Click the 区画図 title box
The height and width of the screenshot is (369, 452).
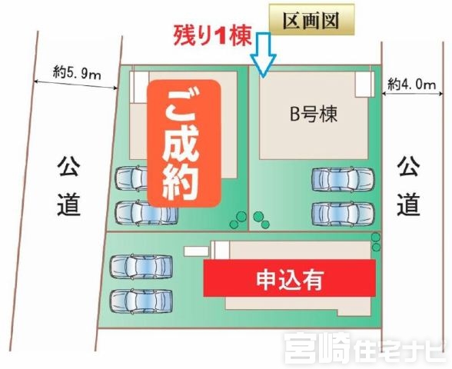point(311,20)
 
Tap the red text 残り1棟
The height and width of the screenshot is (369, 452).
point(212,36)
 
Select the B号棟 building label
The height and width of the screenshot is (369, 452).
point(314,114)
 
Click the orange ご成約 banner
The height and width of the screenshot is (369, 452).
point(184,143)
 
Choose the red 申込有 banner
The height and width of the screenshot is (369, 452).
point(289,278)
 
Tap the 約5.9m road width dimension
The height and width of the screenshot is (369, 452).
point(77,75)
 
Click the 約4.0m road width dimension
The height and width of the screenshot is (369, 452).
point(412,85)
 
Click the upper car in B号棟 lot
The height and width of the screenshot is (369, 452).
point(343,178)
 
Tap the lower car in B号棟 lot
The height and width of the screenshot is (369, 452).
point(343,214)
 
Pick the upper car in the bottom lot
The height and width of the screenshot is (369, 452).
point(141,266)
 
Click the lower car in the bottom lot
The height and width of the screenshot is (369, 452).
point(141,301)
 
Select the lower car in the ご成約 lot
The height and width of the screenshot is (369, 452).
point(146,214)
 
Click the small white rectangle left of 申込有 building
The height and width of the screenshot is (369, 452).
point(196,251)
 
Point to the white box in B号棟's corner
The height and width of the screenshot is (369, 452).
point(364,85)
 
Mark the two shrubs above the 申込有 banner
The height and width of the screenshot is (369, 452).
point(376,242)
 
